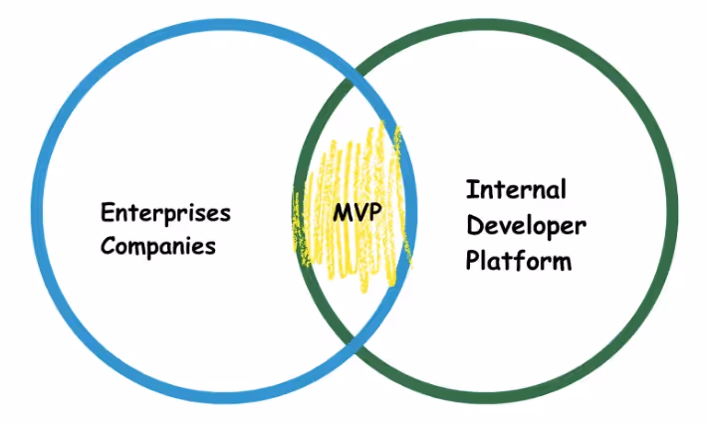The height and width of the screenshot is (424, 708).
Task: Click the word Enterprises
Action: [x=165, y=213]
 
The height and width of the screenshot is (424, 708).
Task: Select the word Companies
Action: [x=158, y=245]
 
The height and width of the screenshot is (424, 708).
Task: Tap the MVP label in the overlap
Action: [x=356, y=213]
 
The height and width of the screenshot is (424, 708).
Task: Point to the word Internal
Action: [x=515, y=189]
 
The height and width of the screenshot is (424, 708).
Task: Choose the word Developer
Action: [x=526, y=225]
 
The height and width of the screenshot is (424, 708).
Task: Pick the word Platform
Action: [x=519, y=261]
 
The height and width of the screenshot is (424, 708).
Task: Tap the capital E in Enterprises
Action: [x=107, y=213]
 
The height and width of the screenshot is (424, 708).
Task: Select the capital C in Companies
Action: [x=107, y=244]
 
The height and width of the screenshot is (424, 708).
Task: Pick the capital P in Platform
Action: [x=473, y=261]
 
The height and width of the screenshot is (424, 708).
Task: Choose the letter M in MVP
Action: [x=340, y=213]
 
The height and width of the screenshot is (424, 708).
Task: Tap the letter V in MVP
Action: [x=357, y=213]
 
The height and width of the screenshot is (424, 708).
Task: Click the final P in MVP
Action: [x=373, y=213]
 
